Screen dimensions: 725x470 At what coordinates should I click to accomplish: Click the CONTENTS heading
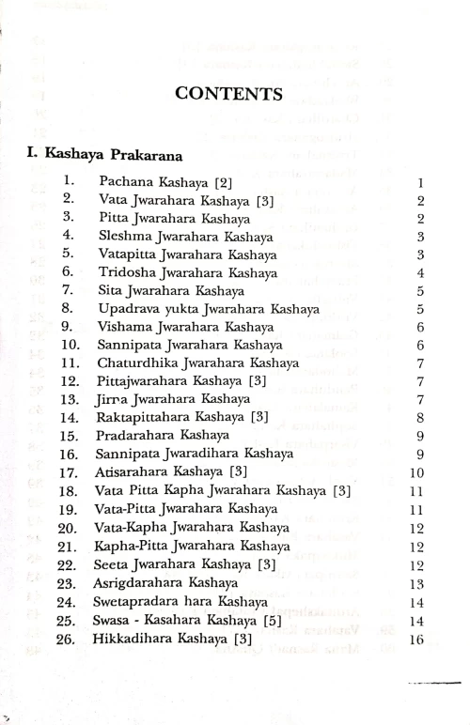229,94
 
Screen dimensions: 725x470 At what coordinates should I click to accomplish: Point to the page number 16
418,640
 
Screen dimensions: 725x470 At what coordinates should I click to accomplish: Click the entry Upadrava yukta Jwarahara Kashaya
207,308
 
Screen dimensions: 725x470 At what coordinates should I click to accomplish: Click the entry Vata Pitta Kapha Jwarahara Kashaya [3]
223,490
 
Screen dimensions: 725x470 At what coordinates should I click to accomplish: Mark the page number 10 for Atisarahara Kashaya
418,472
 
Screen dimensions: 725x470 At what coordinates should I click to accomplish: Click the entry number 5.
69,254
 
